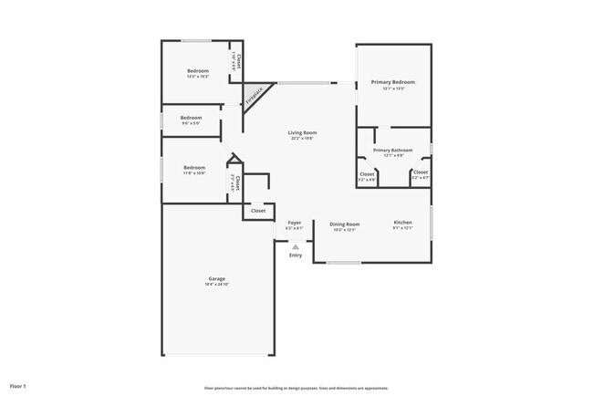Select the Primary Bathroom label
coord(392,150)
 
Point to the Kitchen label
coord(402,223)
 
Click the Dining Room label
coord(344,224)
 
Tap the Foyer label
coord(295,223)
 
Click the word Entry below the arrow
coord(296,255)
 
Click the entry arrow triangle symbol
coord(295,245)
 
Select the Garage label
coord(216,278)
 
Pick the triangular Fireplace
coord(255,93)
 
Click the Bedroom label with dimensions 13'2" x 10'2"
coord(198,71)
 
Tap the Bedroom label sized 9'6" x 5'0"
coord(191,118)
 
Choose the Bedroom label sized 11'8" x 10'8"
coord(194,168)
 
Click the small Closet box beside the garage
coord(258,211)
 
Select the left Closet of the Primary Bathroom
coord(367,173)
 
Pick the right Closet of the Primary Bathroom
coord(421,172)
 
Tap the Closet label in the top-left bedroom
coord(237,60)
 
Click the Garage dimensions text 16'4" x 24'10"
coord(216,285)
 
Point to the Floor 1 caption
coord(18,386)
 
